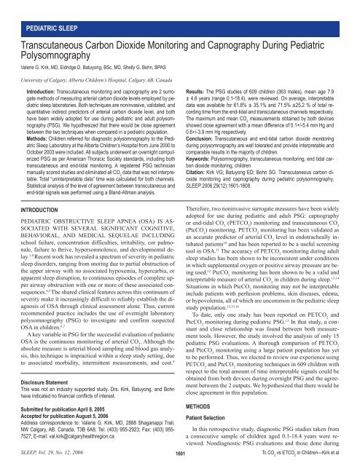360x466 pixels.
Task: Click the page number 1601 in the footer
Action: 179,453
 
